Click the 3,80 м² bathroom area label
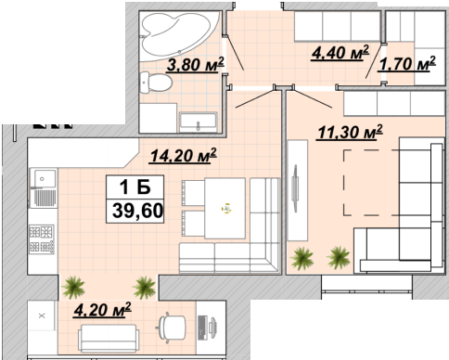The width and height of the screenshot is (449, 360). tap(195, 64)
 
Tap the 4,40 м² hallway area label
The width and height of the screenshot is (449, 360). tap(340, 52)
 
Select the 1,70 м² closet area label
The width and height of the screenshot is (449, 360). tap(406, 64)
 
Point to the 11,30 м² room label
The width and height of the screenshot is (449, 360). tap(350, 132)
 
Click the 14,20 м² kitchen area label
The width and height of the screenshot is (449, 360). tap(183, 155)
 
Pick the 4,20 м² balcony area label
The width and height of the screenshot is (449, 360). tap(102, 310)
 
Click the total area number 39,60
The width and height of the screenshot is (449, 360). tap(137, 211)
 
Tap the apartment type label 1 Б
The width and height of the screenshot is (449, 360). tap(135, 186)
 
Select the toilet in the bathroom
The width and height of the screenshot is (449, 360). tap(155, 83)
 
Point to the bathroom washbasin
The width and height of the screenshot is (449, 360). tap(199, 122)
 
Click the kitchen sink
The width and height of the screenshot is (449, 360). tap(43, 187)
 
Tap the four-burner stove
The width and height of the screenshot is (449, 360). tap(42, 239)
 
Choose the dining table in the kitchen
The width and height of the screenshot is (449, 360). tap(225, 208)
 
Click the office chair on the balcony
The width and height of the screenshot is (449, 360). tap(172, 328)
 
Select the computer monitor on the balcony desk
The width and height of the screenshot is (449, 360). tap(213, 327)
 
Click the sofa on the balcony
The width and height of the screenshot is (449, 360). tap(109, 339)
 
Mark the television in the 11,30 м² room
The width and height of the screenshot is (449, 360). tap(295, 188)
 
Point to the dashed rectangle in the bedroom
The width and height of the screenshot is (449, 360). tap(371, 183)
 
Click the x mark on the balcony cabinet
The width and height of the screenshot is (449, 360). tap(42, 315)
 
